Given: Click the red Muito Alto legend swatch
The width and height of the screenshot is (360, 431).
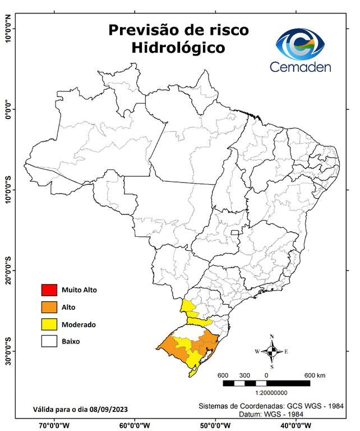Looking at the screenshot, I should click(49, 290).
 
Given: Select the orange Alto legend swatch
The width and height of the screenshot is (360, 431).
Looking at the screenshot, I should click(49, 307).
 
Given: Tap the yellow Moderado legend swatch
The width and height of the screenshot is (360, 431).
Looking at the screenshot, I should click(49, 324).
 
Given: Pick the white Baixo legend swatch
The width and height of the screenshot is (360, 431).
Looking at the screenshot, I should click(49, 341).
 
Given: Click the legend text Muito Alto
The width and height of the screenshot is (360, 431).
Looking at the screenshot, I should click(79, 290).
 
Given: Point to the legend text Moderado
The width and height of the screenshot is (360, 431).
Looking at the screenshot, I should click(79, 324).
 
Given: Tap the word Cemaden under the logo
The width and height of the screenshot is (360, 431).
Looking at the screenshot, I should click(301, 67).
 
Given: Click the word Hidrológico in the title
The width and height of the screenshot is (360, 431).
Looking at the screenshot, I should click(178, 48).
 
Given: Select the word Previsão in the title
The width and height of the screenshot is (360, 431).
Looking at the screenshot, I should click(144, 30).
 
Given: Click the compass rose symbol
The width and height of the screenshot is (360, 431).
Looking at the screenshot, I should click(271, 352).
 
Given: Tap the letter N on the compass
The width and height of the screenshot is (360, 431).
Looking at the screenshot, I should click(272, 337).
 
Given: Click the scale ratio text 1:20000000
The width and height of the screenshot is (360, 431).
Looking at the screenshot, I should click(272, 393).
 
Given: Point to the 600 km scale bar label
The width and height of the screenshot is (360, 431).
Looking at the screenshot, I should click(315, 375).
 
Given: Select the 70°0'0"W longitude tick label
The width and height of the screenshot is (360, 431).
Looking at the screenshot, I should click(54, 425).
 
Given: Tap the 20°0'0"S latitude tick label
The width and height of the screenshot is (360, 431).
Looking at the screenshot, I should click(8, 270).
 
